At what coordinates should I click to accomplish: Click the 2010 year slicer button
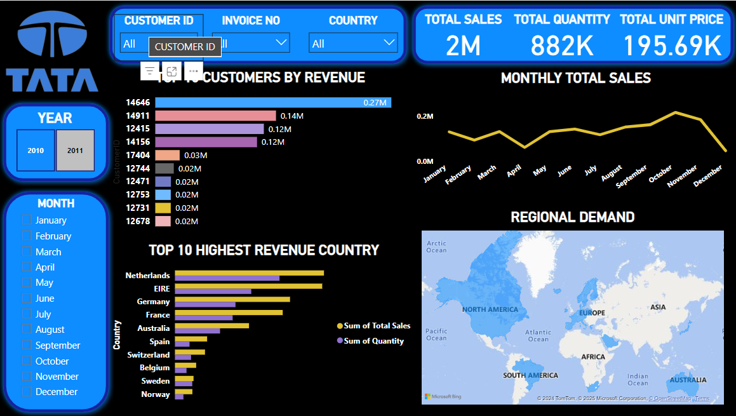[x=36, y=151]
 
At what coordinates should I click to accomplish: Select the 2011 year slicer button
[x=75, y=151]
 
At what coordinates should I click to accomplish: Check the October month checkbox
[x=26, y=361]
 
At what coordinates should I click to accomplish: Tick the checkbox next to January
[x=26, y=220]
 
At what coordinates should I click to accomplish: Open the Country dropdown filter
[x=353, y=43]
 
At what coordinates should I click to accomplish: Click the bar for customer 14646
[x=273, y=102]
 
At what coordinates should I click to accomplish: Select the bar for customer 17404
[x=168, y=155]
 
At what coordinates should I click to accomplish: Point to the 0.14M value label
[x=291, y=116]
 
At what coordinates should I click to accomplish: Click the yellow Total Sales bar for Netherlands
[x=249, y=273]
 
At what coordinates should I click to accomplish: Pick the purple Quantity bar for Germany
[x=205, y=305]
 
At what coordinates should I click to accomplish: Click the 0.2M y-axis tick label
[x=425, y=116]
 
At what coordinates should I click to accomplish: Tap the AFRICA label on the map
[x=593, y=357]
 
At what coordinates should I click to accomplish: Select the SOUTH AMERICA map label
[x=530, y=375]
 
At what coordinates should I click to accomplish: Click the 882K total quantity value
[x=562, y=46]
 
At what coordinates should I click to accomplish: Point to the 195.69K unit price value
[x=672, y=46]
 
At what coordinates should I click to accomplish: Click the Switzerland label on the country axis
[x=149, y=355]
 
